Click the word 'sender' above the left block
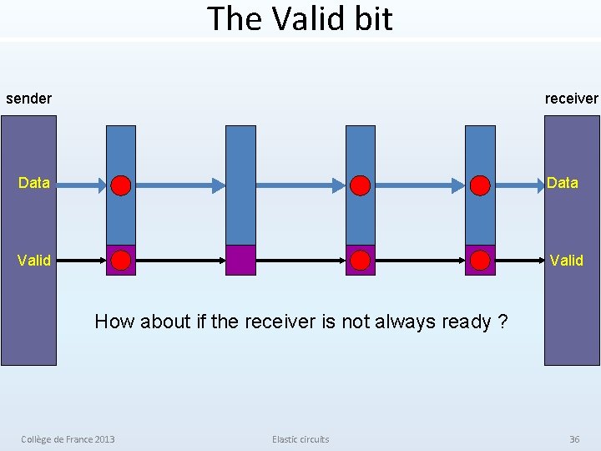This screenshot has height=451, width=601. (28, 99)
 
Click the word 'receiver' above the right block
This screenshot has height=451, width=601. (571, 99)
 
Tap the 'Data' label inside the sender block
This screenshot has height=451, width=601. (34, 183)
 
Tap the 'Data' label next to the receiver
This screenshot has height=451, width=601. (562, 183)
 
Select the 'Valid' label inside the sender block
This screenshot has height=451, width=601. (34, 261)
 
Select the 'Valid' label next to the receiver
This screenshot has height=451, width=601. (566, 261)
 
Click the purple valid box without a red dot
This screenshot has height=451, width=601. (240, 260)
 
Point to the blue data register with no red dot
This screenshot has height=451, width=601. (240, 184)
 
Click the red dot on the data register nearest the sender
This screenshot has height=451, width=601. (121, 185)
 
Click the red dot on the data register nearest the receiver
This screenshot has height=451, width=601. (479, 185)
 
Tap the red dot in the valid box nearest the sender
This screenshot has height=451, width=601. (121, 261)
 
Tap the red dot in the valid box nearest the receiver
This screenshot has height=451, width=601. (479, 261)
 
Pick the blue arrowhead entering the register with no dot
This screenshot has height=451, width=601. (219, 184)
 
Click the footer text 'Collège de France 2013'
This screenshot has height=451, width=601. (68, 439)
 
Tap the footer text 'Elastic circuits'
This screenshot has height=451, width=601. (300, 439)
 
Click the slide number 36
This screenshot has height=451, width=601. (574, 439)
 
